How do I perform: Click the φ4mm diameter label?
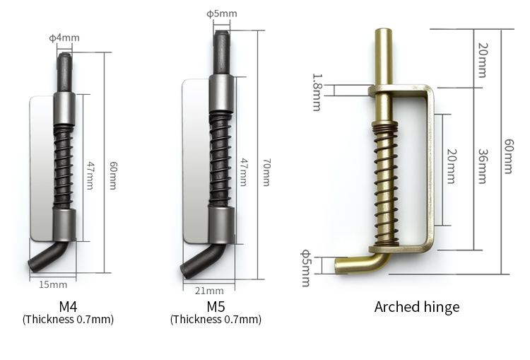coord(64,37)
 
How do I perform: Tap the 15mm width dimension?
coord(53,284)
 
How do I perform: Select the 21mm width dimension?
coord(209,291)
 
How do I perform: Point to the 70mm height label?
coord(266,172)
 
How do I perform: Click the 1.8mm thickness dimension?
coord(317,92)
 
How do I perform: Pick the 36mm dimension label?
coord(483,166)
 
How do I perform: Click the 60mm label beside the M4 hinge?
coord(114,175)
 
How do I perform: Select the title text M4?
coord(68,306)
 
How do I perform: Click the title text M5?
coord(216,306)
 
